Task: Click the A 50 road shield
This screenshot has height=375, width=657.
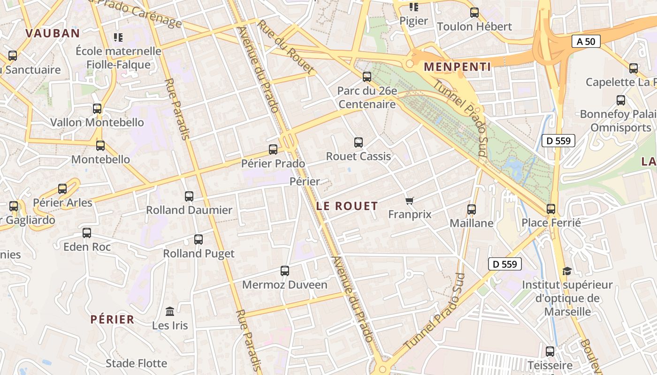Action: click(586, 41)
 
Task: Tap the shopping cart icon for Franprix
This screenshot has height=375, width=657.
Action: click(410, 201)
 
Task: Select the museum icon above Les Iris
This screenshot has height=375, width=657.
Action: click(170, 312)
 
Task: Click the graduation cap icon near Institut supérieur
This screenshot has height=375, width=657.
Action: click(567, 271)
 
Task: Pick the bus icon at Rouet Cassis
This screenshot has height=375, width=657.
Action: click(359, 142)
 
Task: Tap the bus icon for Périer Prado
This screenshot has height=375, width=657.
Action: click(273, 150)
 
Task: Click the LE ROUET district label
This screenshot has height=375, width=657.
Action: click(347, 206)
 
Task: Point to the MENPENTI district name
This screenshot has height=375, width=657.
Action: click(457, 67)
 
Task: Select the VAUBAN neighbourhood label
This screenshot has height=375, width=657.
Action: click(53, 33)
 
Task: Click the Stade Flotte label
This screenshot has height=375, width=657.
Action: click(136, 363)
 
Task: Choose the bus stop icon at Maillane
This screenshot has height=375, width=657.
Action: click(472, 210)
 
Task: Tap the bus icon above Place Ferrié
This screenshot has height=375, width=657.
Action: click(551, 209)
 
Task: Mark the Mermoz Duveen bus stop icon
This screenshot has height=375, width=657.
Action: click(285, 271)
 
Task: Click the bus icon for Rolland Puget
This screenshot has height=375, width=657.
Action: click(199, 240)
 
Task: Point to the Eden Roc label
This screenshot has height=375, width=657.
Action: click(87, 247)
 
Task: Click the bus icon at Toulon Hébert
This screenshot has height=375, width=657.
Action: click(474, 13)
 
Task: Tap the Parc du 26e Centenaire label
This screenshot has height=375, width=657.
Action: click(367, 97)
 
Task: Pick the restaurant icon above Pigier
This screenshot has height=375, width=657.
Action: click(413, 7)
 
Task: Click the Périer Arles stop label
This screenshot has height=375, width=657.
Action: click(62, 203)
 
